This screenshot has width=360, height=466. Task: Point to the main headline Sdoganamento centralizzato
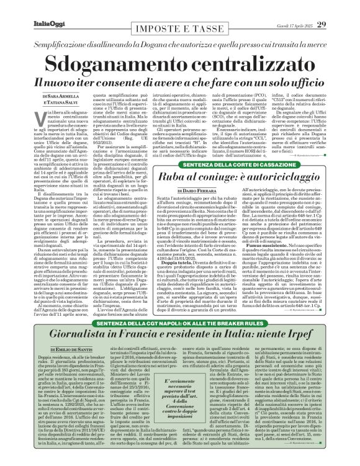coord(181,63)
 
